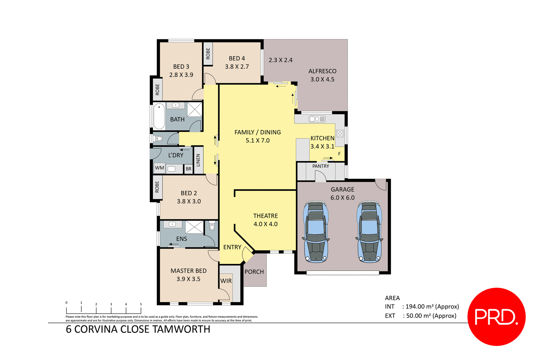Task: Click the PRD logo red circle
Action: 496,316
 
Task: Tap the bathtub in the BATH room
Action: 159,116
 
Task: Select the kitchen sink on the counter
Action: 317,119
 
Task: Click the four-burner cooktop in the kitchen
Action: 340,134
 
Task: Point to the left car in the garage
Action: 316,232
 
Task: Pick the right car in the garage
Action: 369,232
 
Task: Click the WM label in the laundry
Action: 159,168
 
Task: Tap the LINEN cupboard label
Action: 198,160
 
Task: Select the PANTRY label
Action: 321,166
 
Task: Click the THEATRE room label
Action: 265,216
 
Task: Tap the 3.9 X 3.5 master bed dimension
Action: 188,279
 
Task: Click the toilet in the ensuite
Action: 212,226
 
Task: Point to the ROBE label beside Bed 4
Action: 208,53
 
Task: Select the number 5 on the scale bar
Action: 141,304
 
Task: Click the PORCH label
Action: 254,272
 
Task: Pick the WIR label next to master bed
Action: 226,281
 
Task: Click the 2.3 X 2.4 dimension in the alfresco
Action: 280,60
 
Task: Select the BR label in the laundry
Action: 189,169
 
